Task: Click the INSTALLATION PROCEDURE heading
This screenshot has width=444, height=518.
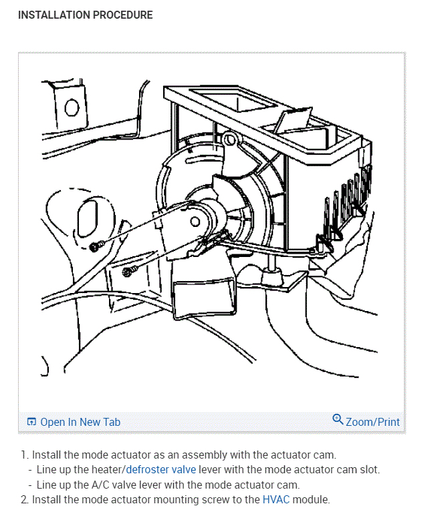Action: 85,15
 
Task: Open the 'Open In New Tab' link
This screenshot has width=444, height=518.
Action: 80,422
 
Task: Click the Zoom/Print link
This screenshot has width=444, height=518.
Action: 372,422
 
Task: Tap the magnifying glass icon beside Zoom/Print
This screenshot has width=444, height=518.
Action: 338,420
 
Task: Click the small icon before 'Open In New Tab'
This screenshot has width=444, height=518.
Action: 31,422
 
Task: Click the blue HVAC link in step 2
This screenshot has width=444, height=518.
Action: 275,499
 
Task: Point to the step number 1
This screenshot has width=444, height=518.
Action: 24,455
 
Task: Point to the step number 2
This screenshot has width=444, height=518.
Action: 24,499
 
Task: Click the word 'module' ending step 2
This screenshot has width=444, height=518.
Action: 312,499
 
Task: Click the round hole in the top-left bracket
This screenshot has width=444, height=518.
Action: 72,107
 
